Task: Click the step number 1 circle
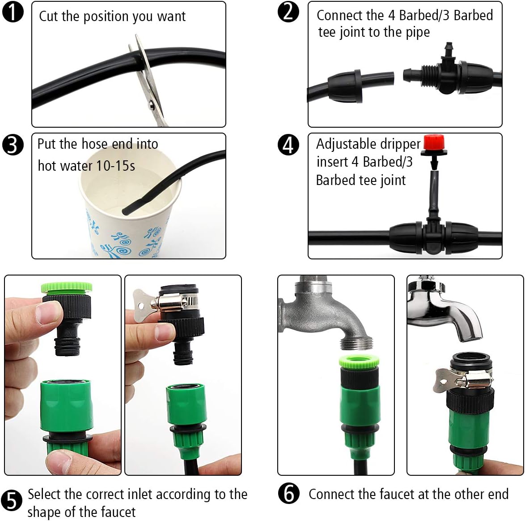13,12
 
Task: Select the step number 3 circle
13,145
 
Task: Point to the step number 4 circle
288,145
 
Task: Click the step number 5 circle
12,500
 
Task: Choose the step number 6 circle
289,494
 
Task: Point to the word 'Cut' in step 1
48,17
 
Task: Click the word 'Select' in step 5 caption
44,494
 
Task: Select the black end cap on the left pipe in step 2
344,86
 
